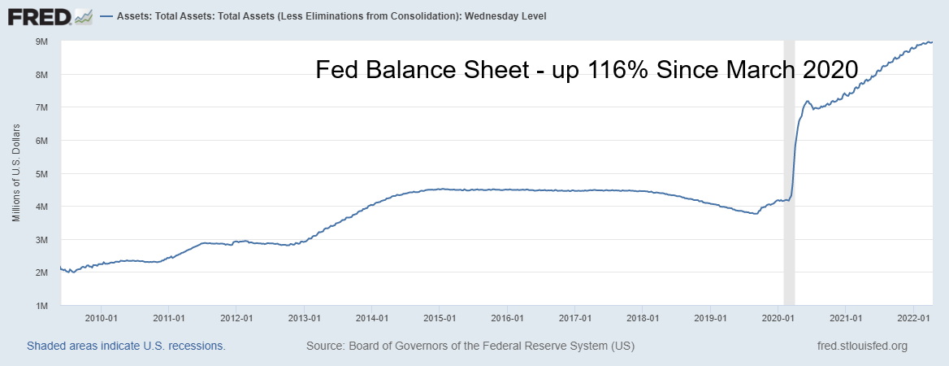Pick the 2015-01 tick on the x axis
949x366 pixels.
pyautogui.click(x=438, y=317)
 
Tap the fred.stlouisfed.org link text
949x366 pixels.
pyautogui.click(x=861, y=346)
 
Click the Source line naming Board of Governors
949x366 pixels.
pyautogui.click(x=470, y=346)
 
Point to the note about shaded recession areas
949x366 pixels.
pyautogui.click(x=126, y=346)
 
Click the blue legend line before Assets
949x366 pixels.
pyautogui.click(x=104, y=16)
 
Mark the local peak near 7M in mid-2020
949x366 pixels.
pyautogui.click(x=807, y=102)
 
